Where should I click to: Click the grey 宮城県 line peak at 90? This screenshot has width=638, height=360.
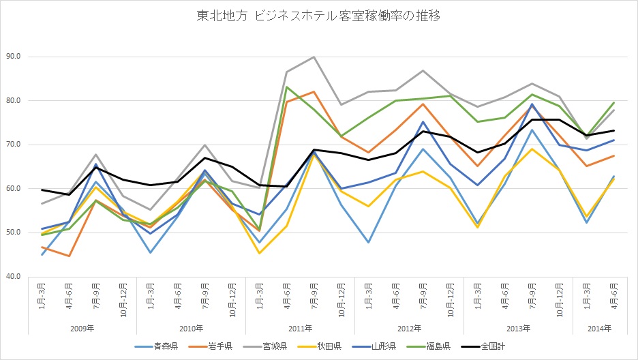coord(314,57)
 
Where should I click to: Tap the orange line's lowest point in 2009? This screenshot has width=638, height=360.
coord(69,256)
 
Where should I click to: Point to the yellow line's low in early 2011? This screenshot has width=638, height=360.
coord(260,253)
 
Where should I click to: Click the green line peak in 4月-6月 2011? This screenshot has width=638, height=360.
coord(287,87)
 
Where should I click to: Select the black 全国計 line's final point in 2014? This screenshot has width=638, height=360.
coord(614,131)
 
